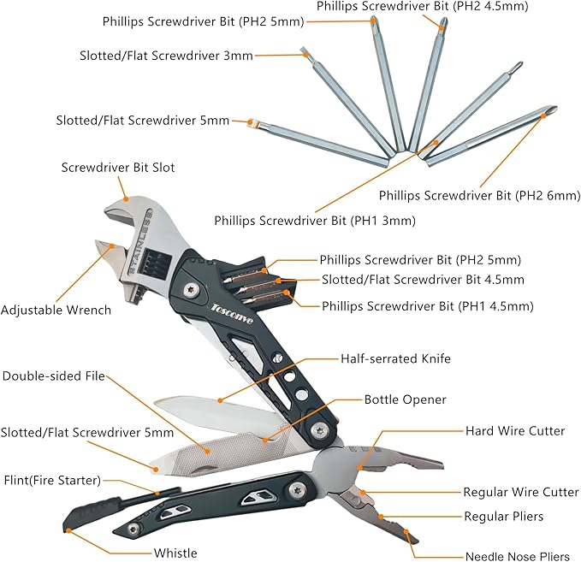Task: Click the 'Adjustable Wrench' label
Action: coord(56,310)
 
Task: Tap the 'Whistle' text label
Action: coord(176,553)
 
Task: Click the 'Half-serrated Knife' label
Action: coord(395,359)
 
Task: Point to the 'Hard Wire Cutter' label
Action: coord(514,431)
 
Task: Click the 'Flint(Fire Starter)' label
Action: coord(51,479)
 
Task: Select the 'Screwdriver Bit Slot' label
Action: coord(118,168)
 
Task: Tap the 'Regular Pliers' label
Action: coord(503,517)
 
